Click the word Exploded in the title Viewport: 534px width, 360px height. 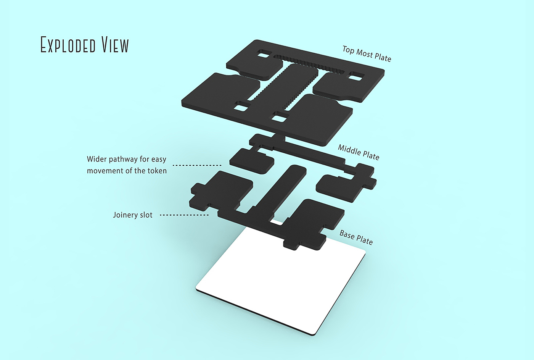(68, 45)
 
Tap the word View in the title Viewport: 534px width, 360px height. (115, 45)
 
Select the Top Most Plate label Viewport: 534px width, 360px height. (367, 54)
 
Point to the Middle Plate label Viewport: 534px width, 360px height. (359, 152)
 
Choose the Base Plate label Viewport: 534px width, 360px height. (356, 237)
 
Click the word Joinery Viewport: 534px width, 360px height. (125, 215)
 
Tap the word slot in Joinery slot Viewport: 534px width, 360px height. (146, 215)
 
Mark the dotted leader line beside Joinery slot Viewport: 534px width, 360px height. (184, 215)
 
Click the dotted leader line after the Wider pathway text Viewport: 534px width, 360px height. (197, 165)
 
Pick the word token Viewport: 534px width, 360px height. (157, 171)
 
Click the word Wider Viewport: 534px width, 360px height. (97, 159)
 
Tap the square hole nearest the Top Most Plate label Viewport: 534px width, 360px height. (357, 76)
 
